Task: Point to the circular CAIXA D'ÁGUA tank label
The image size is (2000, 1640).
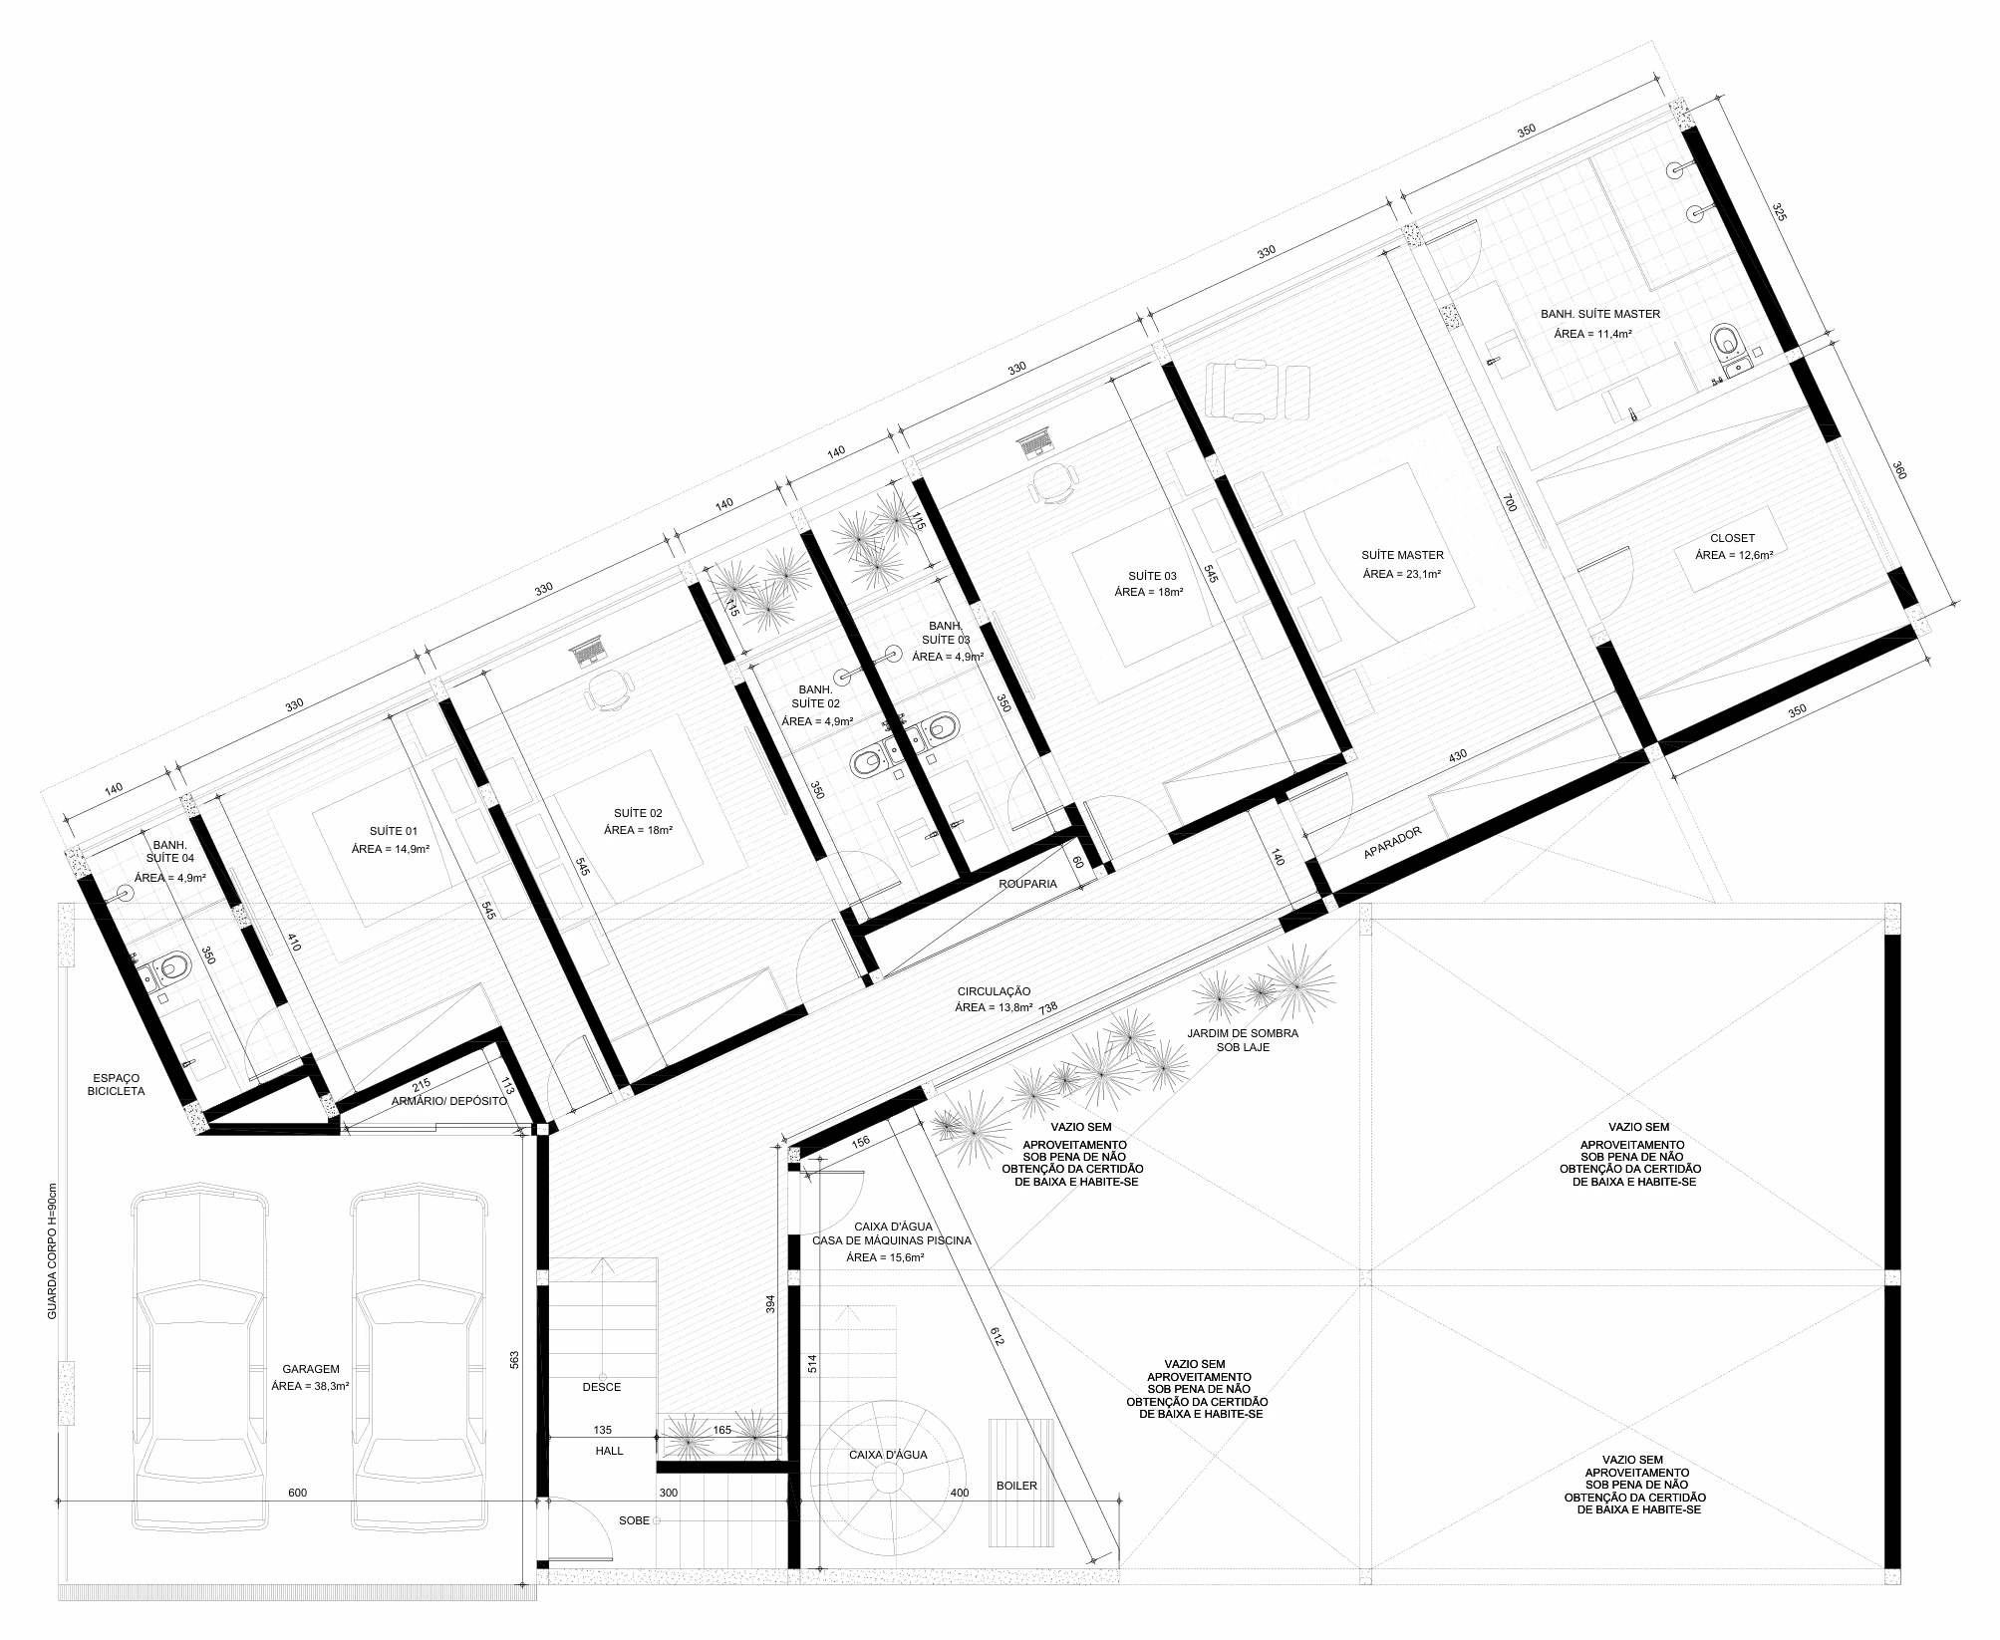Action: [x=888, y=1455]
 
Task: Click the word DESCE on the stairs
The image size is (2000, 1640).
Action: [x=602, y=1387]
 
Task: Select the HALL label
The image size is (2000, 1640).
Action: [x=609, y=1451]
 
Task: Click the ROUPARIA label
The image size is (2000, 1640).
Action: [x=1027, y=883]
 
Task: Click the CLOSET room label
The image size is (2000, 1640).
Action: [x=1732, y=539]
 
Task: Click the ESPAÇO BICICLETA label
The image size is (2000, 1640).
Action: [x=119, y=1084]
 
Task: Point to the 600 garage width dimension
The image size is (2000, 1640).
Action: [x=297, y=1493]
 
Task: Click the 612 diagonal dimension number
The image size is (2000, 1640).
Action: [x=998, y=1336]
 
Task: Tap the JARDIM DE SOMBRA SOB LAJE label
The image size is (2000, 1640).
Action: [x=1243, y=1040]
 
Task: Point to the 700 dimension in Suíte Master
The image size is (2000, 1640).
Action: [x=1510, y=503]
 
